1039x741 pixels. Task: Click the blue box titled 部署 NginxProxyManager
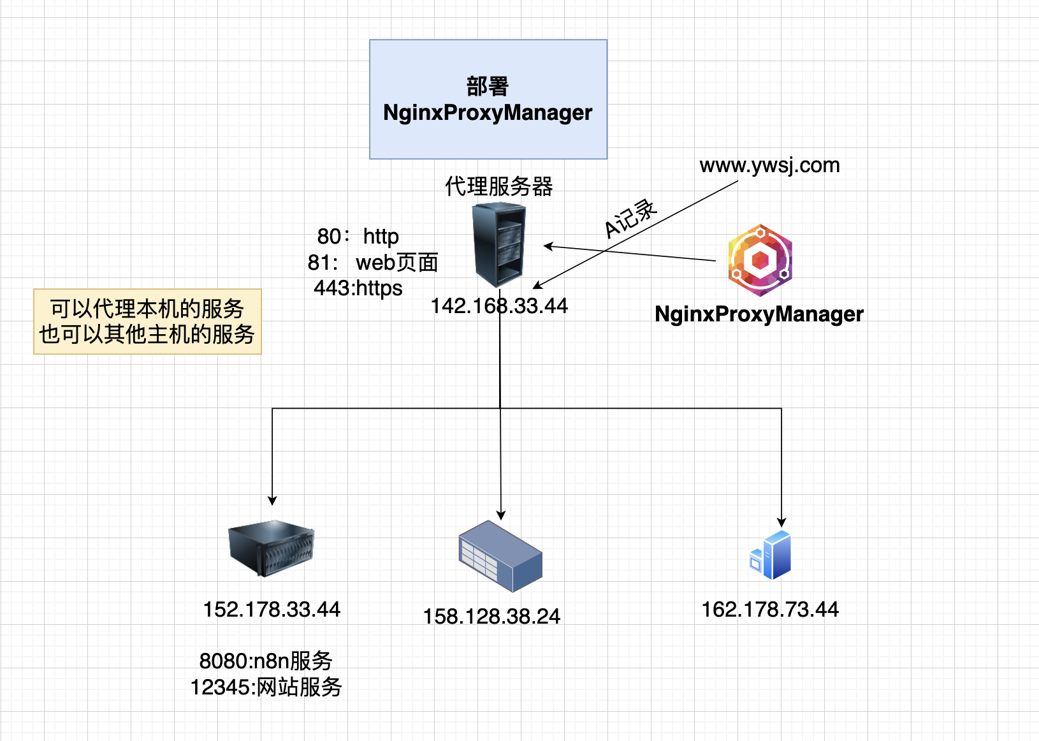[x=488, y=99]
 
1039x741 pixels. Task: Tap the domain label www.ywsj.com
[x=769, y=165]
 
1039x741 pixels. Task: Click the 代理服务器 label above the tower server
[x=498, y=186]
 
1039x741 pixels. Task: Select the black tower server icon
[x=498, y=244]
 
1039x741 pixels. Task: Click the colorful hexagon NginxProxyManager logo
[x=760, y=260]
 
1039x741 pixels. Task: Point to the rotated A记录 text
[x=630, y=218]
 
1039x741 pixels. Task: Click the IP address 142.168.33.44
[x=499, y=306]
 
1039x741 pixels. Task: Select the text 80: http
[x=358, y=237]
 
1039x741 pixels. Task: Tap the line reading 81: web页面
[x=372, y=262]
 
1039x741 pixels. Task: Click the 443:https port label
[x=358, y=288]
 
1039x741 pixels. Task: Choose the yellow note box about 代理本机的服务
[x=147, y=321]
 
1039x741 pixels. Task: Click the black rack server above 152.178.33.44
[x=271, y=547]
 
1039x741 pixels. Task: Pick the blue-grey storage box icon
[x=500, y=555]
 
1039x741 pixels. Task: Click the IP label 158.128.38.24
[x=491, y=617]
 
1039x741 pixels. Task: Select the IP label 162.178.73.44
[x=770, y=610]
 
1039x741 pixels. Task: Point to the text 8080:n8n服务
[x=266, y=661]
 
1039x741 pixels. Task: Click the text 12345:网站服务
[x=266, y=687]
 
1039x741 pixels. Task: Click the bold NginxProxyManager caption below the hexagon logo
[x=759, y=314]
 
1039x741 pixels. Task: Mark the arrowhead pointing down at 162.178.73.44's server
[x=781, y=522]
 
